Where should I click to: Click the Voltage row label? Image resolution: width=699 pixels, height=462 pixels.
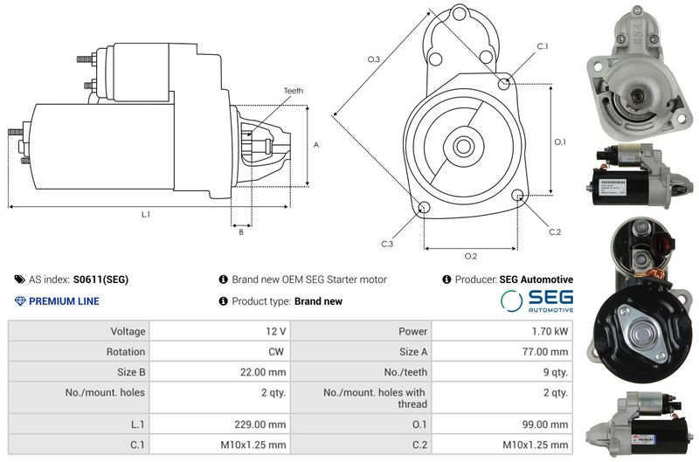click(128, 332)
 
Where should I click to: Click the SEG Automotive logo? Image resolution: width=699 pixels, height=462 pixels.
click(536, 300)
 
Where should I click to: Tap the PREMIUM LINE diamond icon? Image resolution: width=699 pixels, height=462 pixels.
click(20, 301)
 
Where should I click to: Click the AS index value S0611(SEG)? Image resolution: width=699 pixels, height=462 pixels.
click(100, 279)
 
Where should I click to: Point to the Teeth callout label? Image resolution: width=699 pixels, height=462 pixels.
click(294, 91)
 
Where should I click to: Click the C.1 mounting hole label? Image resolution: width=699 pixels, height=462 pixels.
click(543, 46)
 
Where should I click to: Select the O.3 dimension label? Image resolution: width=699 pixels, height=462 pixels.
click(374, 59)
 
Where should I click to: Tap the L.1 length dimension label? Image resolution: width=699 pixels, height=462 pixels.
click(146, 214)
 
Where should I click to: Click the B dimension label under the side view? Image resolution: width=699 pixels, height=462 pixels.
click(241, 232)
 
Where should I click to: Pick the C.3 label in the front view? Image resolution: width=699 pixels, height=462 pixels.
click(387, 245)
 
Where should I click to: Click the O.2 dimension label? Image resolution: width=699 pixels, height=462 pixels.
click(471, 256)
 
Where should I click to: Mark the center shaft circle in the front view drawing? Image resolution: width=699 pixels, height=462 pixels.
click(463, 146)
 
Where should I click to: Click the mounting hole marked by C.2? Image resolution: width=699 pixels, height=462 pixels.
click(517, 195)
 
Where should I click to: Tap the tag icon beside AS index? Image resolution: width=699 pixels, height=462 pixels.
click(19, 279)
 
